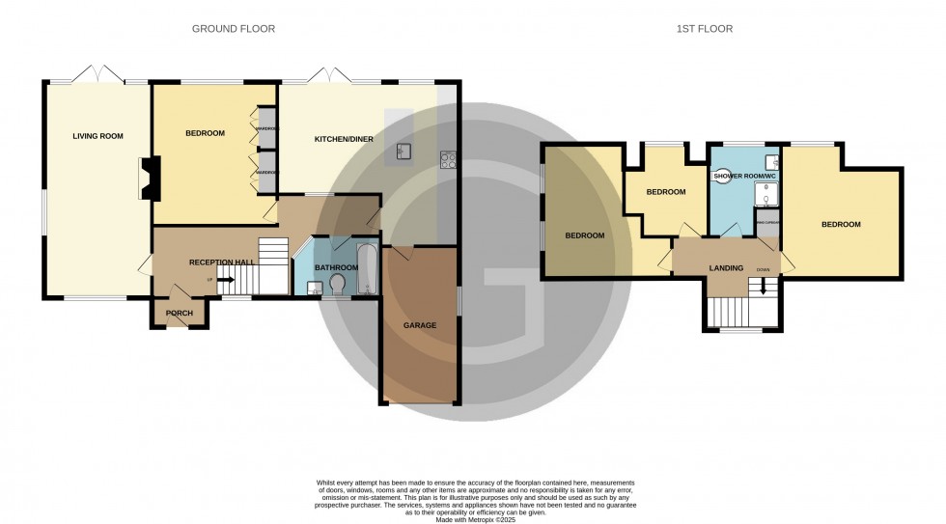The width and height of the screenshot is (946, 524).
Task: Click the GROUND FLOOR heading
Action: click(234, 29)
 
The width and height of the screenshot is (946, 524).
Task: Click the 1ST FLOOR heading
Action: click(706, 29)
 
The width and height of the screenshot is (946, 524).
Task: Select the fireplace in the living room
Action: click(149, 179)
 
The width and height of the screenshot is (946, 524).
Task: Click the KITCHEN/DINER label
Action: click(344, 140)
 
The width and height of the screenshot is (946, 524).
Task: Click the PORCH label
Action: click(180, 313)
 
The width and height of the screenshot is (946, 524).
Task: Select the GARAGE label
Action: click(420, 325)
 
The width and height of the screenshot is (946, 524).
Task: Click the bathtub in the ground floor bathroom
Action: click(368, 269)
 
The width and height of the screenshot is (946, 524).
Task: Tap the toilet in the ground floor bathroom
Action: click(337, 284)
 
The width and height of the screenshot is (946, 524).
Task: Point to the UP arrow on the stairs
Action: click(225, 280)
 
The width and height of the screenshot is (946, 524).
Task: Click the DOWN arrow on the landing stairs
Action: click(764, 286)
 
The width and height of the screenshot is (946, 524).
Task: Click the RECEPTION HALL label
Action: click(222, 262)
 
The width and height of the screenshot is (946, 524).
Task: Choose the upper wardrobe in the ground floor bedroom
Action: click(266, 127)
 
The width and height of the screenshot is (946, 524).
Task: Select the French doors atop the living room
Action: click(99, 76)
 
